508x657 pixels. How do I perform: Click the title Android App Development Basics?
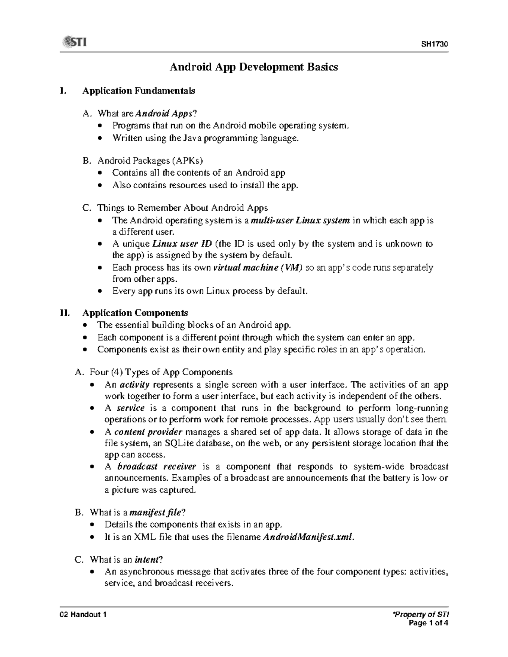tap(254, 67)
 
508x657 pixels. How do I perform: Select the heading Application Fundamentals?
tap(138, 91)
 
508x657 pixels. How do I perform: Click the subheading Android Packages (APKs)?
tap(150, 161)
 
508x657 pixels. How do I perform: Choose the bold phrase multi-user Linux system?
tap(300, 220)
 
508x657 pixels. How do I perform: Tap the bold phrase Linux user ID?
tap(182, 244)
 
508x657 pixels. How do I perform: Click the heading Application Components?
tap(135, 313)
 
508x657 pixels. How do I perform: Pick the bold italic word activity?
tap(135, 385)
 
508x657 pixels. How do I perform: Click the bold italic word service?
tap(130, 409)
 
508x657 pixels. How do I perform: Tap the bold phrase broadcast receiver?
tap(157, 467)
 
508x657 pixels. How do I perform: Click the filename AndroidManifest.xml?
tap(307, 537)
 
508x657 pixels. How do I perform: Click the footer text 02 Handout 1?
tap(83, 615)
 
